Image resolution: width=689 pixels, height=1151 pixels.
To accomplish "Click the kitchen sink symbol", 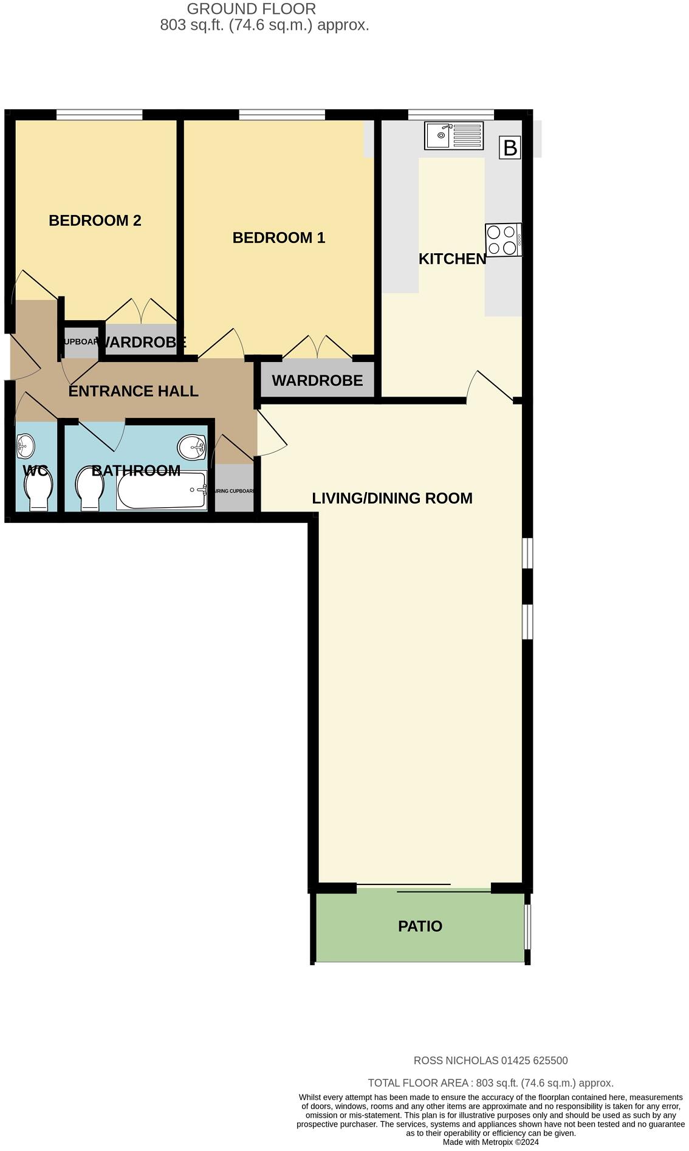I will (454, 135).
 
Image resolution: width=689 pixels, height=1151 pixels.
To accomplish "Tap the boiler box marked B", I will (510, 148).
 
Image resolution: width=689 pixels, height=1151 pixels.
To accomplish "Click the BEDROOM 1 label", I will (279, 237).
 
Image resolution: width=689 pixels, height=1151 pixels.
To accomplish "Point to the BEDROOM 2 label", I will (95, 220).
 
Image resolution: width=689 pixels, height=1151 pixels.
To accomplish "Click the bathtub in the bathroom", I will (162, 490).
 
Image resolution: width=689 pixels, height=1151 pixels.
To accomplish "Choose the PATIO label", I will (420, 926).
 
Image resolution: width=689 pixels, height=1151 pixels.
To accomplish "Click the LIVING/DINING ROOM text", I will (392, 498).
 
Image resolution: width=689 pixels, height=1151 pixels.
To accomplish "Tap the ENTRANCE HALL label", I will (133, 391).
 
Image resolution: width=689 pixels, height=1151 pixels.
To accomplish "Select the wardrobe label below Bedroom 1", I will (317, 381).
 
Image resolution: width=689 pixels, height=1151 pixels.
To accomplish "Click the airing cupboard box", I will (234, 489).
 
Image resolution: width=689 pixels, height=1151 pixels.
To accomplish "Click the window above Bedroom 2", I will (100, 114).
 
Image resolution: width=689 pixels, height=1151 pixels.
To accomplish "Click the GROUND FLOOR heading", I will (251, 9).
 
